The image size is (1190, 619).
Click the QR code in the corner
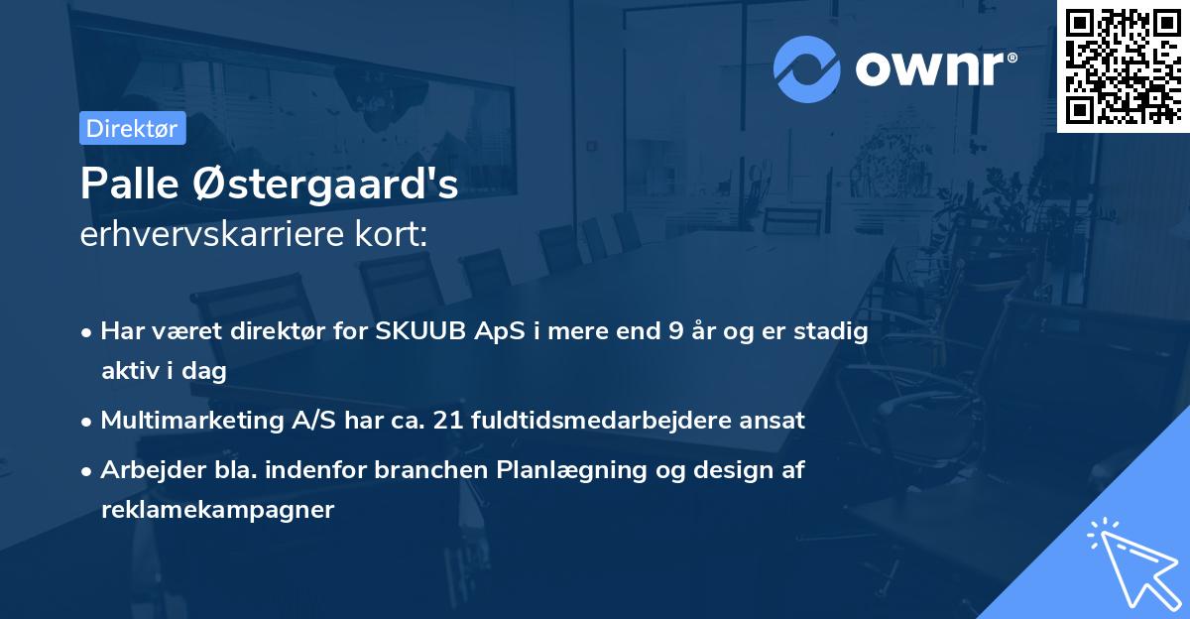1123,65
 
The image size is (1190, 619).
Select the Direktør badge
132,128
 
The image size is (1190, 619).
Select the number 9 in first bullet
676,331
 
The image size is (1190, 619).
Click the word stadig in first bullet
835,331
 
